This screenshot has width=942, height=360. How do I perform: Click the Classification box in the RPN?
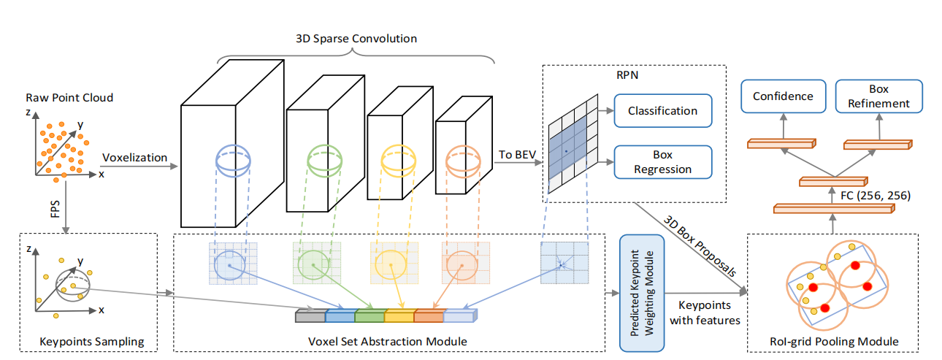(x=662, y=111)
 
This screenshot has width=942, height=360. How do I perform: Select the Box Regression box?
(x=662, y=161)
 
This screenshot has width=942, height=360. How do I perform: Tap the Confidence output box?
(x=782, y=96)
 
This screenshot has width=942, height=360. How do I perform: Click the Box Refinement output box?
(x=878, y=96)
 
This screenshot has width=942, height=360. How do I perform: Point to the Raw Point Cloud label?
(x=69, y=97)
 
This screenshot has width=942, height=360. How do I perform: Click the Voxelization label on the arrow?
(x=135, y=157)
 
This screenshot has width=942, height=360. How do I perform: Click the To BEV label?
(x=516, y=154)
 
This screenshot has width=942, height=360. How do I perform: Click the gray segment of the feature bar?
(x=310, y=316)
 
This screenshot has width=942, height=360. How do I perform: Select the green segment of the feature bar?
(x=369, y=316)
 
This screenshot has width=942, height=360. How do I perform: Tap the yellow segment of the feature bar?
(x=399, y=316)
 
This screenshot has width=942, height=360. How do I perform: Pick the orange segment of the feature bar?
(x=429, y=316)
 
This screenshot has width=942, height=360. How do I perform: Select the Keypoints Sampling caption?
(x=91, y=342)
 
